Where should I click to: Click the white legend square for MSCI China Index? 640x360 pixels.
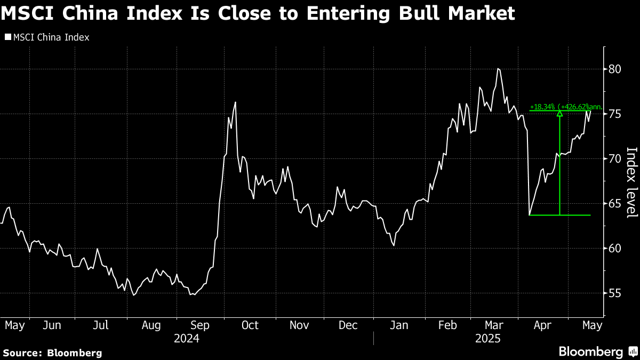coord(7,37)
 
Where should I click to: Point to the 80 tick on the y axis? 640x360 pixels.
coord(614,69)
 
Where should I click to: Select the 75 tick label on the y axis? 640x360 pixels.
coord(614,114)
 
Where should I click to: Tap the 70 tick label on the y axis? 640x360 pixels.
coord(614,159)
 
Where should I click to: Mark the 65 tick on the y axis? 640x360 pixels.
coord(614,204)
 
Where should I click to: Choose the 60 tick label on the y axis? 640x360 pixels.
coord(614,249)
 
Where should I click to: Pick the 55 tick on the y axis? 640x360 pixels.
coord(614,293)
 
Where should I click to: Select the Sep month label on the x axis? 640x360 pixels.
coord(199,325)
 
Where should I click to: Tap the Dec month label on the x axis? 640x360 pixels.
coord(348,325)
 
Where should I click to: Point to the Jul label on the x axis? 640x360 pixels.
coord(101,325)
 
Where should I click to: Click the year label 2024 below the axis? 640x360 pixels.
coord(187,338)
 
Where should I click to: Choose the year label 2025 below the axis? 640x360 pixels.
coord(488,338)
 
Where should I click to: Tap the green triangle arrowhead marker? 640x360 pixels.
coord(559,113)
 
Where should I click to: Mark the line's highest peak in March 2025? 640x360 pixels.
coord(498,69)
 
